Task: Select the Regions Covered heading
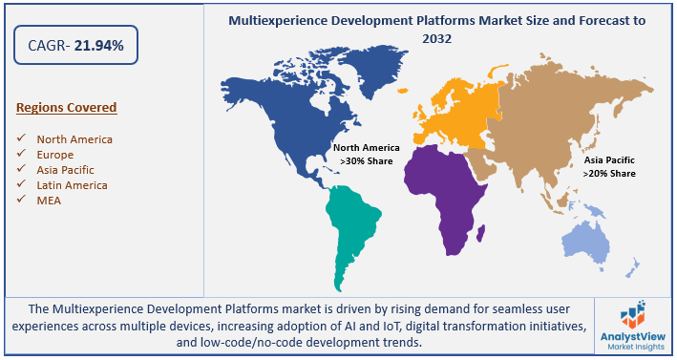(66, 107)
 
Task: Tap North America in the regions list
(74, 139)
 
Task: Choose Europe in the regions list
(56, 155)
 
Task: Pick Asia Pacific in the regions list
(66, 170)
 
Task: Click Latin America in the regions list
(72, 185)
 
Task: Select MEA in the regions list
(50, 200)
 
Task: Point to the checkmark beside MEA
(21, 200)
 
